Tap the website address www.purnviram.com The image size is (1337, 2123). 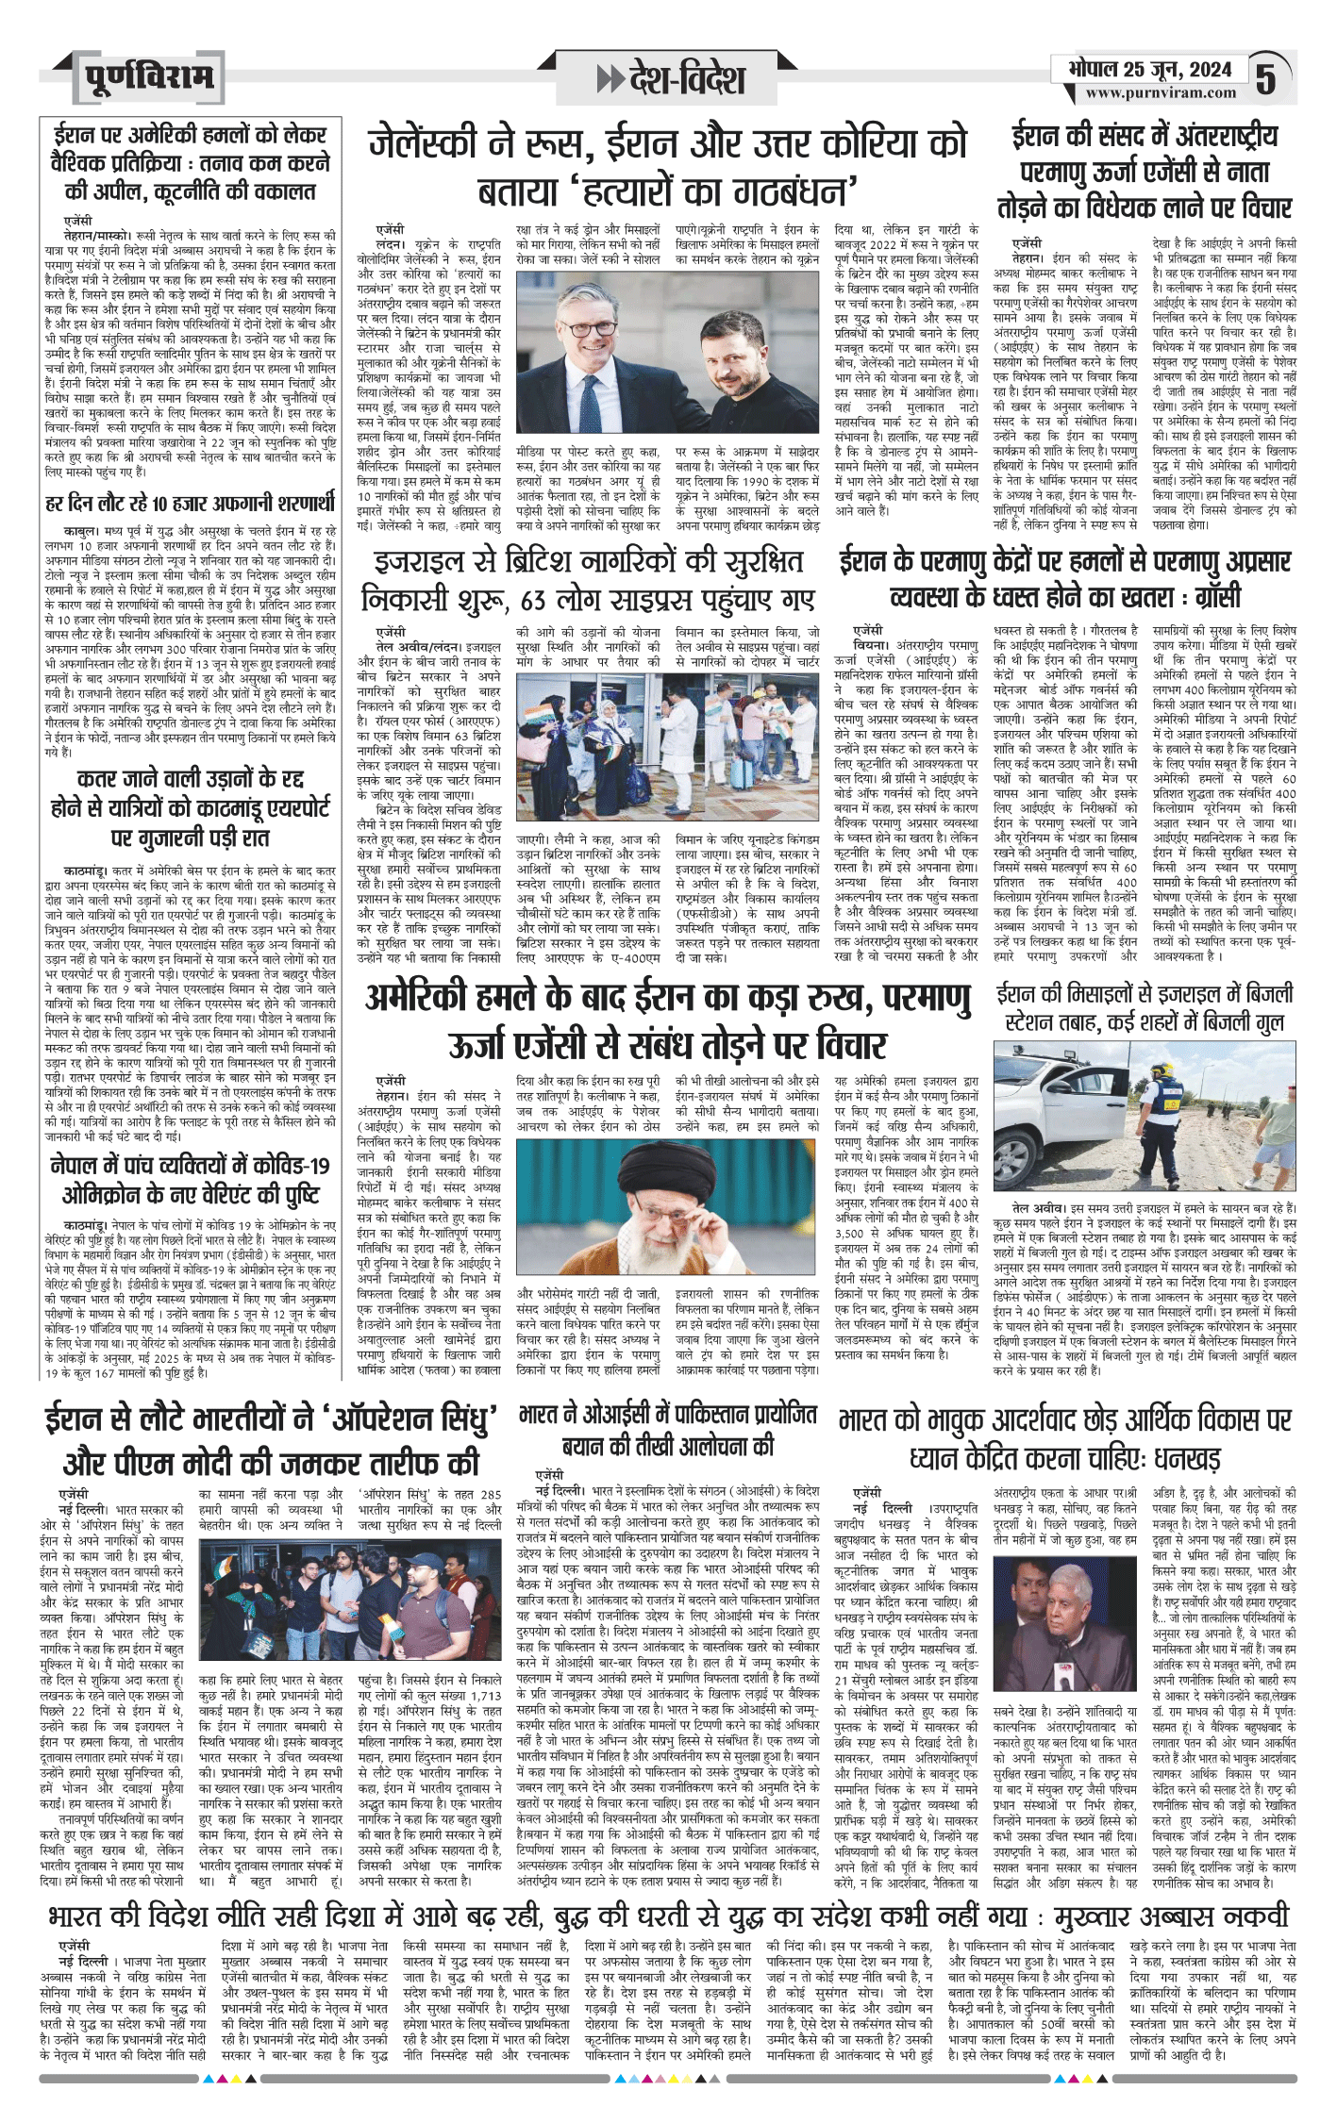1160,92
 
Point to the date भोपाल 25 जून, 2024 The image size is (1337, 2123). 1150,69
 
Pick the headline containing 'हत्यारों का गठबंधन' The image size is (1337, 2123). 667,167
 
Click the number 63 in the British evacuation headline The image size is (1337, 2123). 534,600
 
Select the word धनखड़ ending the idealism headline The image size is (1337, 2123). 1186,1458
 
